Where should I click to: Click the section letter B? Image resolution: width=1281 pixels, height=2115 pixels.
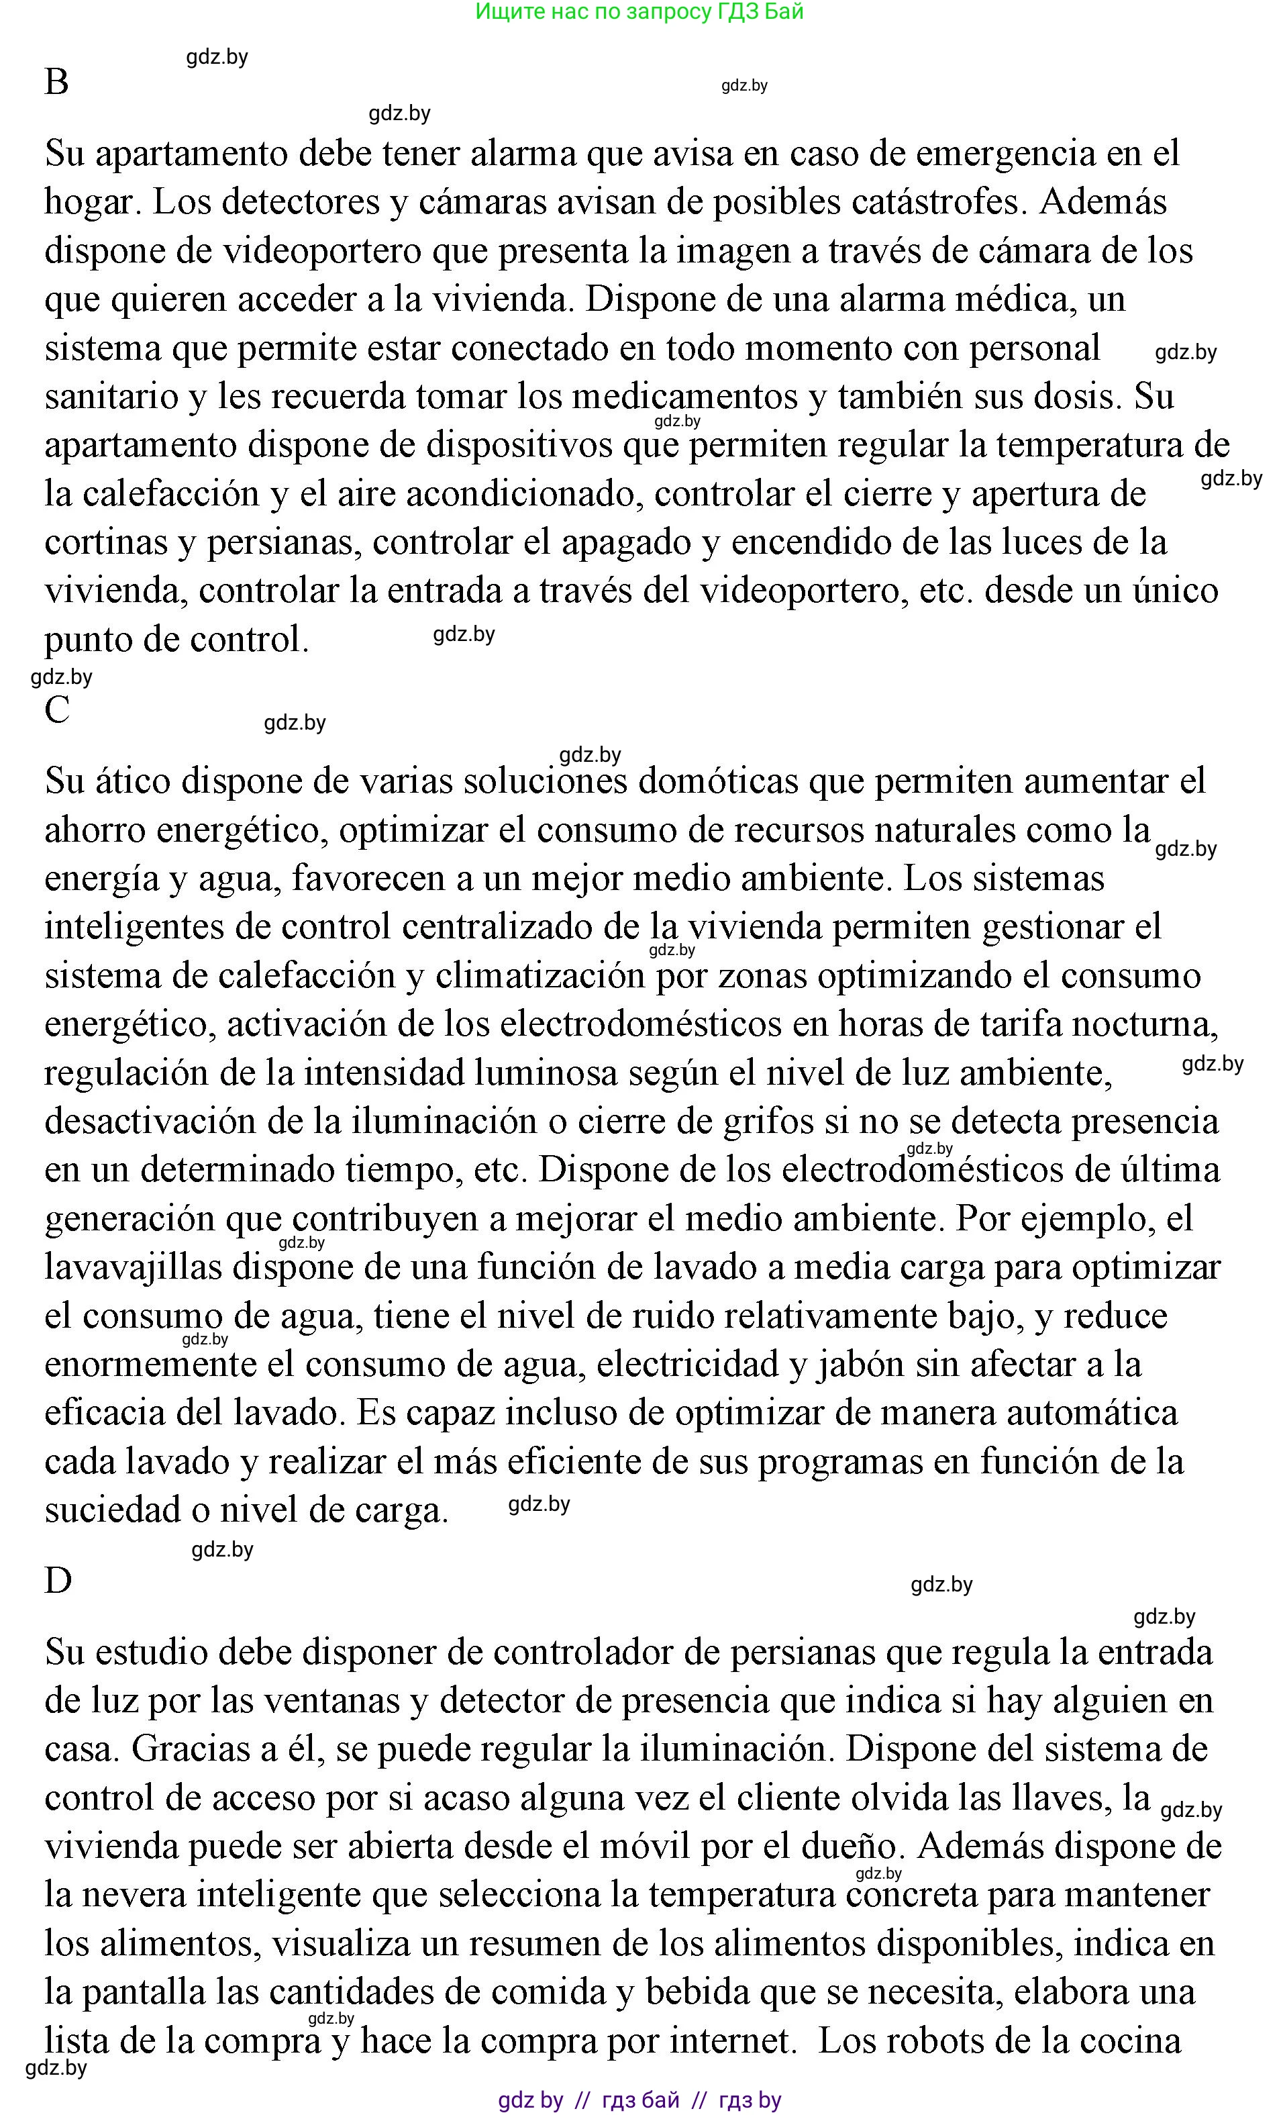tap(56, 83)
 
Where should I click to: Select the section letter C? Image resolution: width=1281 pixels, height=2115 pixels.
tap(58, 710)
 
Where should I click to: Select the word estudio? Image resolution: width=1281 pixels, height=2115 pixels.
tap(150, 1653)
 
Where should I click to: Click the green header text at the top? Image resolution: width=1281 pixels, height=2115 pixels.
tap(640, 12)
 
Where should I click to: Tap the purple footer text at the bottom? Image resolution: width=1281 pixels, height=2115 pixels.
tap(640, 2100)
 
